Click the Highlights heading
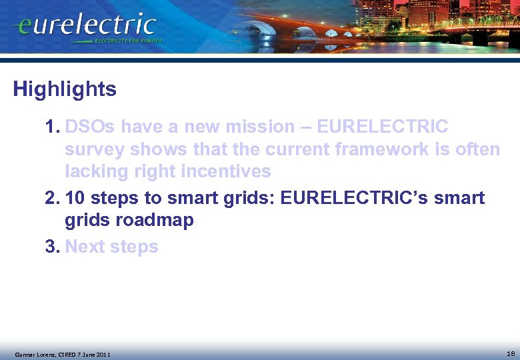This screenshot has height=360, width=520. pyautogui.click(x=65, y=89)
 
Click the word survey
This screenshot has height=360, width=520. pyautogui.click(x=94, y=149)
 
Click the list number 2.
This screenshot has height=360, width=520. pyautogui.click(x=52, y=199)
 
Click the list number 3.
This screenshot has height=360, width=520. pyautogui.click(x=52, y=247)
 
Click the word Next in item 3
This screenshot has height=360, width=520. pyautogui.click(x=85, y=247)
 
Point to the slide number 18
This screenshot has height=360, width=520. pyautogui.click(x=510, y=353)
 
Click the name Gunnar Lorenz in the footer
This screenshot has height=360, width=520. pyautogui.click(x=32, y=354)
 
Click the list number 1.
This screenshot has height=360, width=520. pyautogui.click(x=52, y=127)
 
